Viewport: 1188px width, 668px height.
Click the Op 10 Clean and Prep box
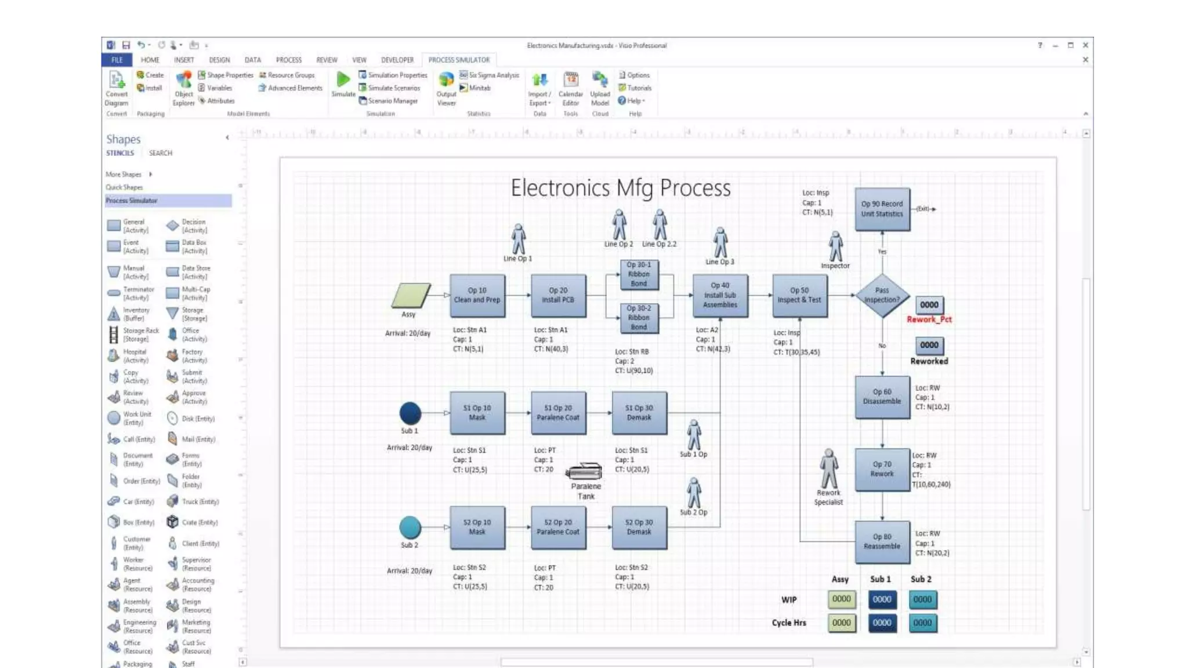coord(477,295)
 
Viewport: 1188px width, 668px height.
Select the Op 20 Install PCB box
coord(558,295)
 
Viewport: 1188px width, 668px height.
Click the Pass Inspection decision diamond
coord(882,295)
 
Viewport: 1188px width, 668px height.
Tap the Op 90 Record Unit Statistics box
coord(882,209)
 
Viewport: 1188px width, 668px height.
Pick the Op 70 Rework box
coord(882,469)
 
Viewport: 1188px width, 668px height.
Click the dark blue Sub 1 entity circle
coord(410,413)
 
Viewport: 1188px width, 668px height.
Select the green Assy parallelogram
coord(411,295)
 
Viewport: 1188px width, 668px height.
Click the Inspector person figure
coord(835,246)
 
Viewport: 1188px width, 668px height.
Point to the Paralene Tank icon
coord(584,471)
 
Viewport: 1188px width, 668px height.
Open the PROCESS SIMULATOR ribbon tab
coord(459,60)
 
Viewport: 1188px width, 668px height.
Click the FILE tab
coord(117,60)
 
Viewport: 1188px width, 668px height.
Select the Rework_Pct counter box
coord(929,305)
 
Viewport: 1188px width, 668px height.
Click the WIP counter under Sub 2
coord(922,599)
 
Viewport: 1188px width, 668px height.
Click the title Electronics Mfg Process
coord(620,188)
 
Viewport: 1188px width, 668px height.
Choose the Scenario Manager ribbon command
coord(392,101)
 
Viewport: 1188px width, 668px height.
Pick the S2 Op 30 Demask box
coord(639,527)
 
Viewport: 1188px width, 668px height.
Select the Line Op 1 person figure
coord(518,239)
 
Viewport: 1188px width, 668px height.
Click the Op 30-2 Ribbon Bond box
coord(639,318)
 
